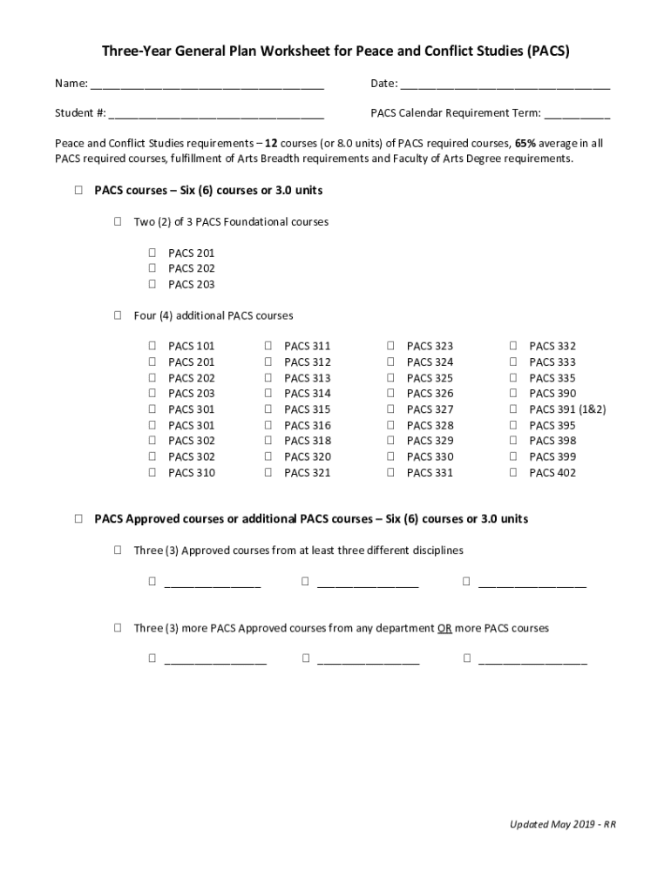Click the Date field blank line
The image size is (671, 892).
(x=505, y=85)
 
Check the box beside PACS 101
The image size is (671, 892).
(x=152, y=346)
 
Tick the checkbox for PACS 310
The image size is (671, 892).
(x=152, y=472)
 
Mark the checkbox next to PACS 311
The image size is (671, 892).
(x=268, y=346)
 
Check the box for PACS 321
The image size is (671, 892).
(x=268, y=472)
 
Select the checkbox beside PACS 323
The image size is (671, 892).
(x=390, y=346)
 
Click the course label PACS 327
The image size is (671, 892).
(x=430, y=409)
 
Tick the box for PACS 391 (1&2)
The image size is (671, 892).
(x=513, y=409)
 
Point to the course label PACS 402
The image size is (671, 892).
(x=552, y=473)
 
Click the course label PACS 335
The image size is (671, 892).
(x=552, y=378)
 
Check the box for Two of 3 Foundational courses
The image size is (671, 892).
(x=117, y=221)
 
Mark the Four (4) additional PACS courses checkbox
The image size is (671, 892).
(x=117, y=315)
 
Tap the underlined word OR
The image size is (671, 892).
(x=444, y=628)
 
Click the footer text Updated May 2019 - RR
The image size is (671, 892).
(x=563, y=824)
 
